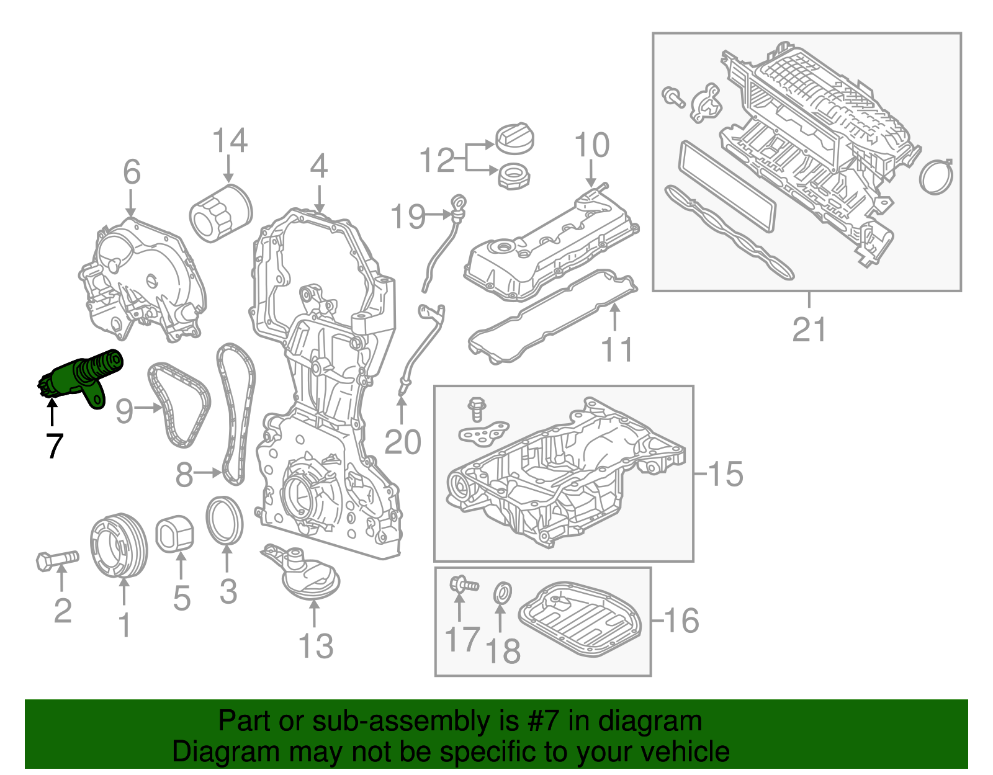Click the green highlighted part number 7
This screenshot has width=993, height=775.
[x=81, y=377]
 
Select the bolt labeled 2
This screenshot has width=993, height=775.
[x=56, y=560]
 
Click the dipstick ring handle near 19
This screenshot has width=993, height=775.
[x=458, y=201]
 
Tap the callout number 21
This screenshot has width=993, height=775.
[x=809, y=329]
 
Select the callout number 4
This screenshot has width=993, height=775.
[x=318, y=166]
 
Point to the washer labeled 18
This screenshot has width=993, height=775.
[x=502, y=593]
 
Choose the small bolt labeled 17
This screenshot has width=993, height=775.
[x=463, y=584]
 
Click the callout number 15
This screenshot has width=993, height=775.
[x=725, y=474]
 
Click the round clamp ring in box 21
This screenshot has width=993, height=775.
[x=936, y=177]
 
